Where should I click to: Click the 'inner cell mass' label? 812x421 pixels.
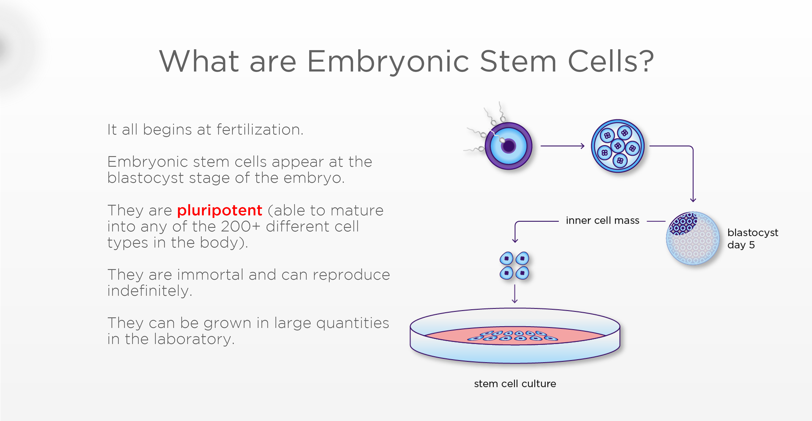603,220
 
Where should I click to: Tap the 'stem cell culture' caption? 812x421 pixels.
515,384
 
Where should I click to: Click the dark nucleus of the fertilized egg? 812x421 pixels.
508,146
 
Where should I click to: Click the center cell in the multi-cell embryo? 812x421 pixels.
618,146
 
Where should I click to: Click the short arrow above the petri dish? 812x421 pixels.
515,294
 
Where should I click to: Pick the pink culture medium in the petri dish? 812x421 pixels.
515,335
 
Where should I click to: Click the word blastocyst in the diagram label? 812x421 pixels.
753,233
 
